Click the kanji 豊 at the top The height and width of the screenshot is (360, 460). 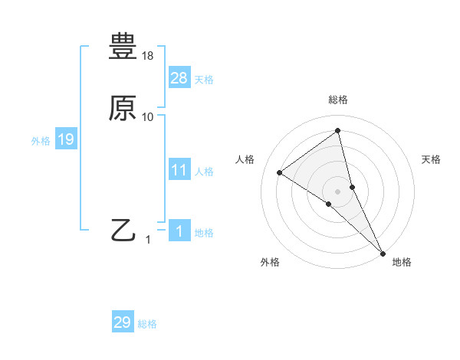123,47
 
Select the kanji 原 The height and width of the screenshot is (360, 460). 123,108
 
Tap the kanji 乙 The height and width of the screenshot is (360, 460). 123,230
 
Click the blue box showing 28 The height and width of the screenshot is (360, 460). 179,78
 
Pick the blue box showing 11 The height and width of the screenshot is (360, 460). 179,170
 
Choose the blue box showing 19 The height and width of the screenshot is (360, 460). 66,139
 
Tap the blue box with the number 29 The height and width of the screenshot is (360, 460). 123,322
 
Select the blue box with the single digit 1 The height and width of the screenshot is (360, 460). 179,231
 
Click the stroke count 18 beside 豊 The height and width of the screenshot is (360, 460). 148,56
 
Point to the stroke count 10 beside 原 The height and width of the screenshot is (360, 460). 148,117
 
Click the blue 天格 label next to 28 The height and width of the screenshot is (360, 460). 204,80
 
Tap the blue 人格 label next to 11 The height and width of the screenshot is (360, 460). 204,172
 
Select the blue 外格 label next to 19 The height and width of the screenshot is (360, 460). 41,141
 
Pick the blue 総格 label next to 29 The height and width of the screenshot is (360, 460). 147,324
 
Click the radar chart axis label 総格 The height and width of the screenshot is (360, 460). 338,100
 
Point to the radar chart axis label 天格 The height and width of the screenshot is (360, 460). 431,159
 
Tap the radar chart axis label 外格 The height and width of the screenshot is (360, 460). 270,262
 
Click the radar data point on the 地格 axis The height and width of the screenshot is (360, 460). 383,252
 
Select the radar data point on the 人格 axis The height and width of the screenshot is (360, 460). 280,172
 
